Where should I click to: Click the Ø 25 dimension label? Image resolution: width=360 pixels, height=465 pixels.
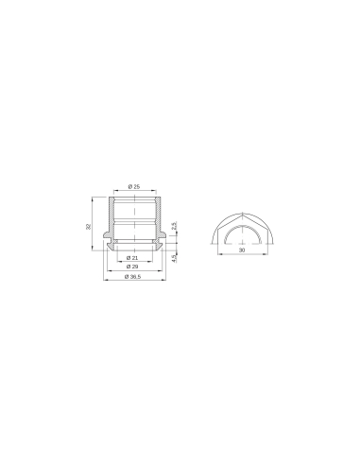coord(134,187)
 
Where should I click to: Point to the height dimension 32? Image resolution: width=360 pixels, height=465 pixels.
coord(89,227)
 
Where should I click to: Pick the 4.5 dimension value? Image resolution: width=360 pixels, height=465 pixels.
coord(176,255)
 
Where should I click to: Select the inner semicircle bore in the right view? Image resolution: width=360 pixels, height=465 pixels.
coord(243,229)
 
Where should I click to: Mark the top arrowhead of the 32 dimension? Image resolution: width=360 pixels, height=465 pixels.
coord(94,198)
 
